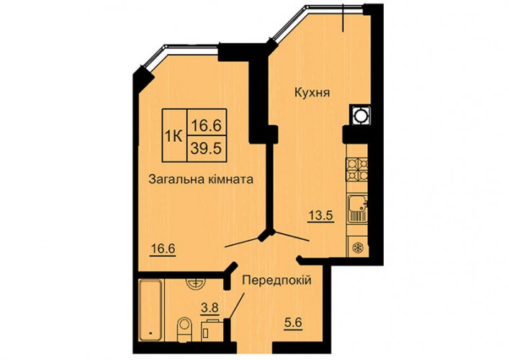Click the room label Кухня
312,93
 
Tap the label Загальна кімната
201,179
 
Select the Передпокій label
277,280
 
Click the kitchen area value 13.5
320,215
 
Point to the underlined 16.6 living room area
163,250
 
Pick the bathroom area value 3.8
210,308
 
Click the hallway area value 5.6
293,324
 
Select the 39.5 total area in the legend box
206,148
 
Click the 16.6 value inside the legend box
206,125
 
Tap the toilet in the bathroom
185,330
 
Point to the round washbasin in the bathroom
195,284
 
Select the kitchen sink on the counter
357,209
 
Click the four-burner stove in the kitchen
357,169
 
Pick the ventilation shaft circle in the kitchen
360,116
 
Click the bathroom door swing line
236,306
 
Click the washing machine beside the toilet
212,331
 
